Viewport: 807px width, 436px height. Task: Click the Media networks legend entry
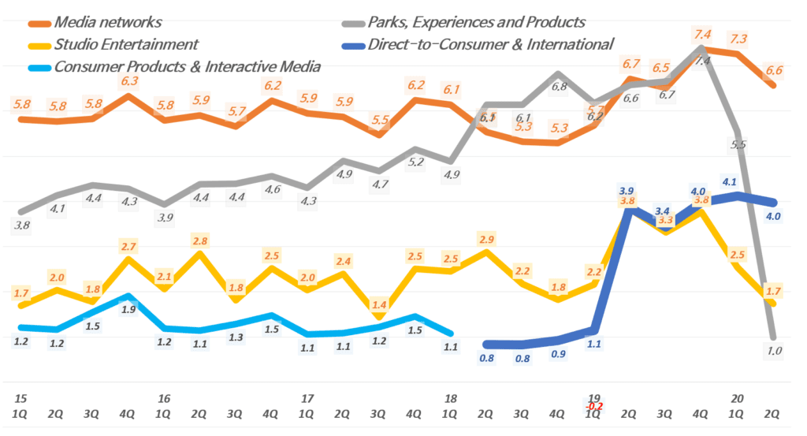pos(107,21)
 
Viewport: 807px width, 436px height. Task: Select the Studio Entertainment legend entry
pos(126,43)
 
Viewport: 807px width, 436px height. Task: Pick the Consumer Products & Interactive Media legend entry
pos(187,66)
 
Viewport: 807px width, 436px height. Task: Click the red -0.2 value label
pos(593,406)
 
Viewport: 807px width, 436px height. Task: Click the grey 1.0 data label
pos(775,351)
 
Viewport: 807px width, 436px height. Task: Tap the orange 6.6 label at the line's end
pos(774,70)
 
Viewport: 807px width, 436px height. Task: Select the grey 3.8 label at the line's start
pos(22,225)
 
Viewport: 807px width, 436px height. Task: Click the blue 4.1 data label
pos(729,181)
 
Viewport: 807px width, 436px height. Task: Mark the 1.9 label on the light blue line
pos(128,310)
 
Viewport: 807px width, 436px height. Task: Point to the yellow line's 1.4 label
pos(379,304)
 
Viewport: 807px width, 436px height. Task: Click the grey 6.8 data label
pos(559,88)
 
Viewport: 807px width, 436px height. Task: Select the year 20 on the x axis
pos(738,398)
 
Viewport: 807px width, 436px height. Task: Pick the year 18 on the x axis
pos(451,398)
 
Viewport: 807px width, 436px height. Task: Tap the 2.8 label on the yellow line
pos(199,240)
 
